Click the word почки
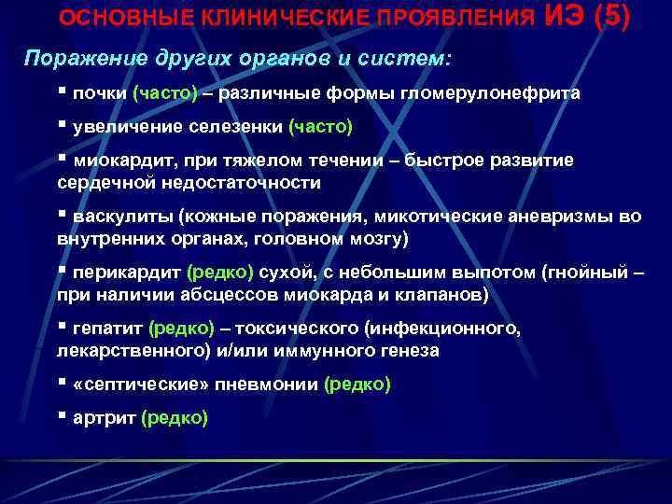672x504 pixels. coord(100,93)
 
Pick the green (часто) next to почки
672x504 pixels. coord(165,93)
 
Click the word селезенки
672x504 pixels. coord(239,126)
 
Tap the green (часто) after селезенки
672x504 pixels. coord(320,126)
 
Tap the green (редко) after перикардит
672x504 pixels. coord(220,273)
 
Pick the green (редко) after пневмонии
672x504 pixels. coord(357,385)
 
